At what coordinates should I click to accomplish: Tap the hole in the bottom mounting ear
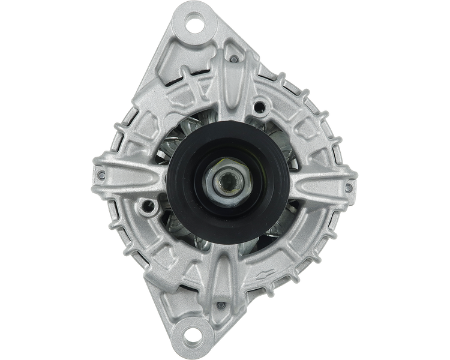tap(194, 332)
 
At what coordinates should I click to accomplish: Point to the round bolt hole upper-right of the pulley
tap(259, 106)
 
